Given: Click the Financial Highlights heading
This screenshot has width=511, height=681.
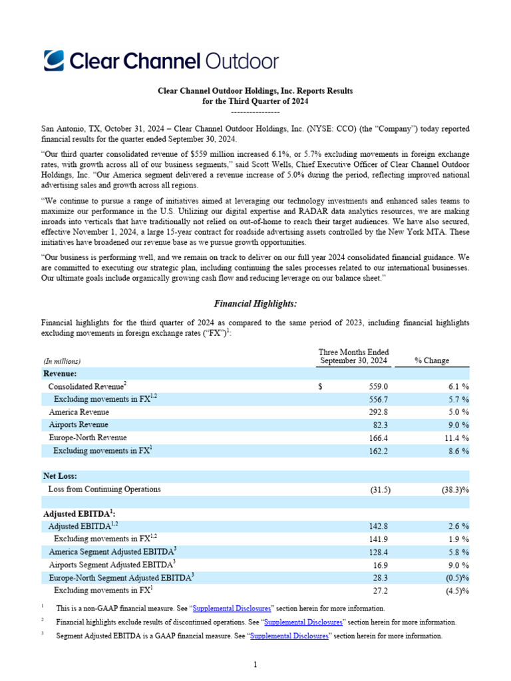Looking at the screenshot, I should (x=255, y=303).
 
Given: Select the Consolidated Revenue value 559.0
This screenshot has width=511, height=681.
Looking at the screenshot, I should (x=377, y=386).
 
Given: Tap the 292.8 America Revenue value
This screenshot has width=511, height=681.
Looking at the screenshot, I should (x=377, y=412).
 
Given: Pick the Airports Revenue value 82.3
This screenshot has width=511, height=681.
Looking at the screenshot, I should (x=379, y=424).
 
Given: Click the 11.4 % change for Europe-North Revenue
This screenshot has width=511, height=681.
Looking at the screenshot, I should (x=456, y=438).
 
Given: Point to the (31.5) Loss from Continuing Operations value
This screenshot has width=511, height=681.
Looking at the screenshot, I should (x=380, y=489).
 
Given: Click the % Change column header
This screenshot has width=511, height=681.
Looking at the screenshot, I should (x=431, y=360).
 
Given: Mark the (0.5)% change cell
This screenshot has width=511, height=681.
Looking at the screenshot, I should (x=454, y=577).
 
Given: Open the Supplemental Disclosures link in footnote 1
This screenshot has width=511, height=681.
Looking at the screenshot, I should (x=232, y=609).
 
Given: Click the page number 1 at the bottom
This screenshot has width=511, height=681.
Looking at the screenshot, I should (x=255, y=664).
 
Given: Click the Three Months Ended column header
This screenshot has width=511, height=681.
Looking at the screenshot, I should (x=353, y=356).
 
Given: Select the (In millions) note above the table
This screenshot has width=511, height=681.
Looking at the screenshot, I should (x=61, y=360).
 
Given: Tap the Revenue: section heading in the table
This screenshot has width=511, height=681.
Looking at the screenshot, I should (x=61, y=374).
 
